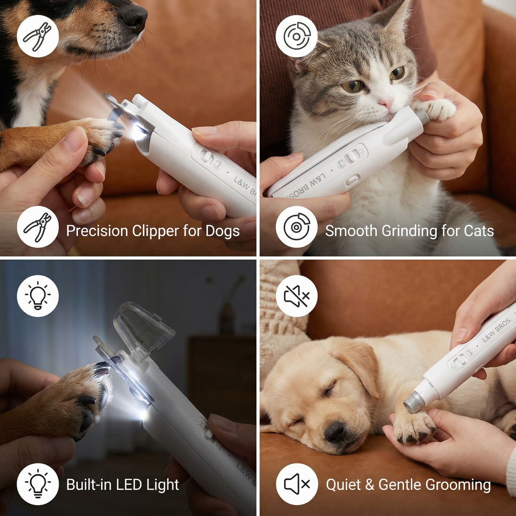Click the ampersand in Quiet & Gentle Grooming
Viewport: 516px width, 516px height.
pyautogui.click(x=370, y=485)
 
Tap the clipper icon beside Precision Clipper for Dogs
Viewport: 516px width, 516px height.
pyautogui.click(x=38, y=227)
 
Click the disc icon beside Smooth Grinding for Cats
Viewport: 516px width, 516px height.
pyautogui.click(x=296, y=227)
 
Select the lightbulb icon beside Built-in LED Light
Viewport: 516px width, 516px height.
pyautogui.click(x=38, y=484)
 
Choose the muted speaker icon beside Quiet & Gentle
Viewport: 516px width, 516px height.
pyautogui.click(x=296, y=484)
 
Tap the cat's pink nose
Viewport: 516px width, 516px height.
pyautogui.click(x=385, y=104)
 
